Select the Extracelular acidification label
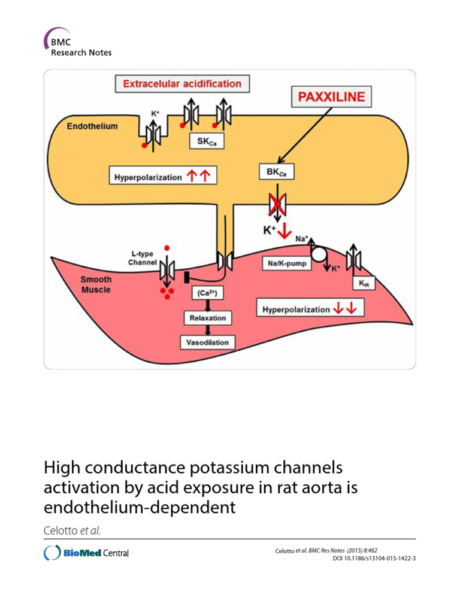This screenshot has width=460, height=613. pyautogui.click(x=182, y=84)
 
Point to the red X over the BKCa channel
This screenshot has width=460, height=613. pyautogui.click(x=277, y=205)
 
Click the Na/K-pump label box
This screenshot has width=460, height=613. pyautogui.click(x=287, y=263)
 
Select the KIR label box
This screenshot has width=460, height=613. pyautogui.click(x=365, y=283)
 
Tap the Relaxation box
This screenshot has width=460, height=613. pyautogui.click(x=207, y=318)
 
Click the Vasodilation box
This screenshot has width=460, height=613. pyautogui.click(x=207, y=342)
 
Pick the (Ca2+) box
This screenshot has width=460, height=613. pyautogui.click(x=207, y=293)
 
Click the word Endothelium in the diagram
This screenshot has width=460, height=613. pyautogui.click(x=92, y=126)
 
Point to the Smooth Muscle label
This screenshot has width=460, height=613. pyautogui.click(x=96, y=284)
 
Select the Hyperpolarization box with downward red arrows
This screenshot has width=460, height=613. pyautogui.click(x=310, y=309)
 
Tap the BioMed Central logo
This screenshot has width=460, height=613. pyautogui.click(x=87, y=553)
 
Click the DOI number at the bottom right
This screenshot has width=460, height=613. pyautogui.click(x=374, y=559)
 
